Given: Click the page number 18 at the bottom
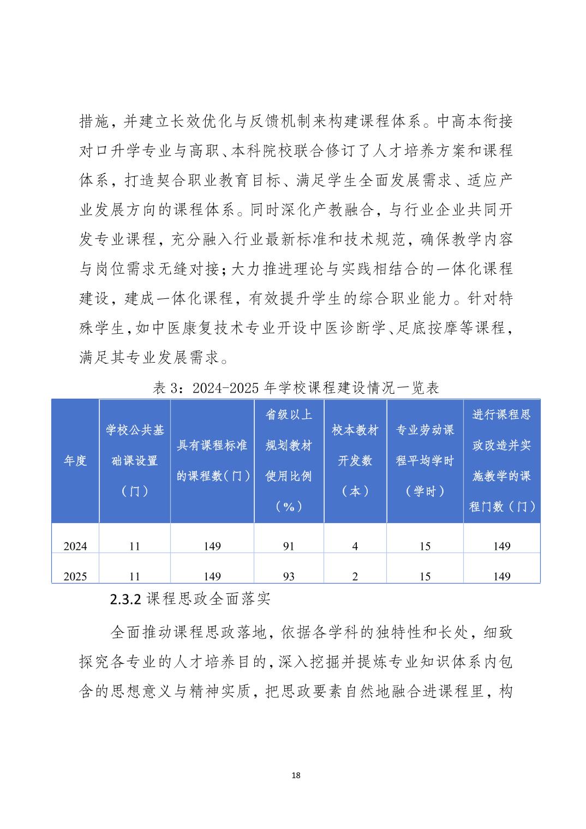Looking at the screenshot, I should click(x=296, y=775).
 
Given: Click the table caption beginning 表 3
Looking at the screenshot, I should click(x=296, y=388).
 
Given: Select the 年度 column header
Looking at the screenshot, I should click(x=75, y=461).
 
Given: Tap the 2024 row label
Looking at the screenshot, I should click(x=75, y=546).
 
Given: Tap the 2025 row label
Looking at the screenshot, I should click(x=75, y=576).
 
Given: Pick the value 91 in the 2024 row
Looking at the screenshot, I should click(x=289, y=546).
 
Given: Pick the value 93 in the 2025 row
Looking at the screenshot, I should click(x=289, y=576).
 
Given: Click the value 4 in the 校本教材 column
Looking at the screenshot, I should click(x=355, y=546).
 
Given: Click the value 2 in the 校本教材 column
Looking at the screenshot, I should click(x=355, y=576).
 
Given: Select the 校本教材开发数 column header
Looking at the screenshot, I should click(x=355, y=461).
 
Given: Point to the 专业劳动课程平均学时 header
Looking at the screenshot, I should click(x=425, y=461).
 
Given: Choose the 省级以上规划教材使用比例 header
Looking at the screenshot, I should click(x=289, y=461).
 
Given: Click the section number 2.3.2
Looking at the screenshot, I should click(x=126, y=599).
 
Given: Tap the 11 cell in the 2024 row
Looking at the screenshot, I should click(x=135, y=546).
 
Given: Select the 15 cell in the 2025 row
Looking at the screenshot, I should click(x=425, y=576).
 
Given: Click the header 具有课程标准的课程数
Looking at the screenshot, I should click(x=212, y=461).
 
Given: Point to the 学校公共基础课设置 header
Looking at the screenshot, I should click(x=135, y=461).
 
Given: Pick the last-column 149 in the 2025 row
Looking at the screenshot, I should click(x=501, y=576).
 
